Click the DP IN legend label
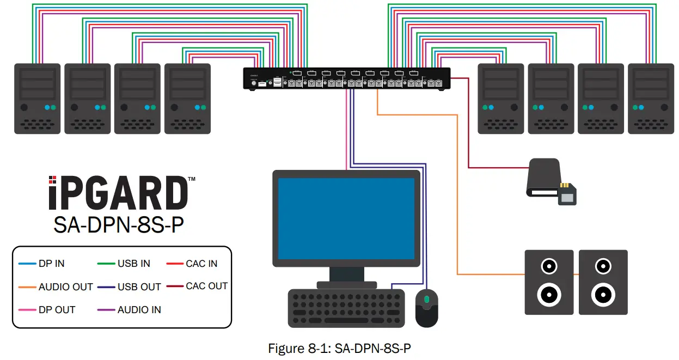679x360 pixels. [51, 264]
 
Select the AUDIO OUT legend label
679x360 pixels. [65, 287]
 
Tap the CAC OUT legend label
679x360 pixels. [206, 286]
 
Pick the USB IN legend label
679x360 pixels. [133, 264]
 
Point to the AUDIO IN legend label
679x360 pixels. [139, 310]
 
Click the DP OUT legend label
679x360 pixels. [57, 310]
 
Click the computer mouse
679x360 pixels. [426, 308]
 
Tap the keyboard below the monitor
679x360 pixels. [347, 308]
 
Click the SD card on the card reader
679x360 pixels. [567, 194]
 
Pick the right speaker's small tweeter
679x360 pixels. [603, 267]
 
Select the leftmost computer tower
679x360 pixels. [37, 98]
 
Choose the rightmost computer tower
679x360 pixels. [650, 98]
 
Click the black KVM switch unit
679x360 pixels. [346, 78]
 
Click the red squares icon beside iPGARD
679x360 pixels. [52, 180]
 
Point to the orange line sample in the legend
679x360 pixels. [27, 287]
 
